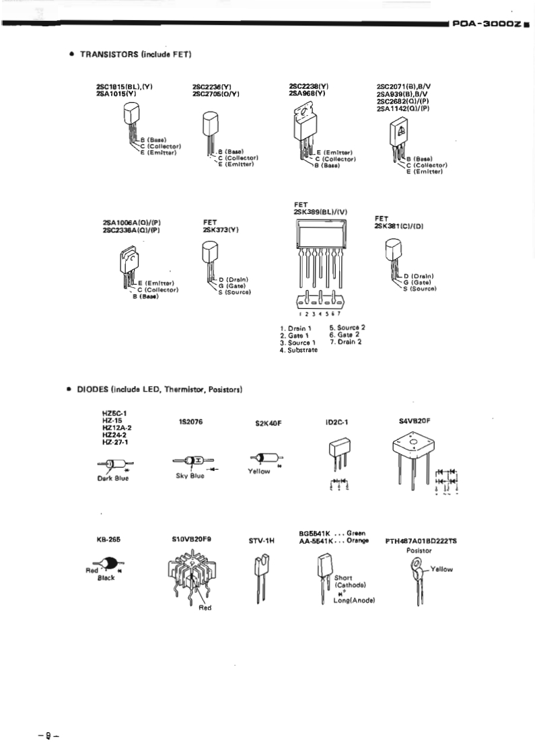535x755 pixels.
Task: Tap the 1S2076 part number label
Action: pos(191,422)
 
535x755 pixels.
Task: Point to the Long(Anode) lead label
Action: pos(354,600)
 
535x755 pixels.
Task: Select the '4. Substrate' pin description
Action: pos(299,350)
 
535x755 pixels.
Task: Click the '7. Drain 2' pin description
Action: pos(346,342)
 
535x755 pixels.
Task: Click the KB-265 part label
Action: pos(108,540)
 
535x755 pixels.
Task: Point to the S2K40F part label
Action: pos(267,425)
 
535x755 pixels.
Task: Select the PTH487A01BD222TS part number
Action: pos(421,540)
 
